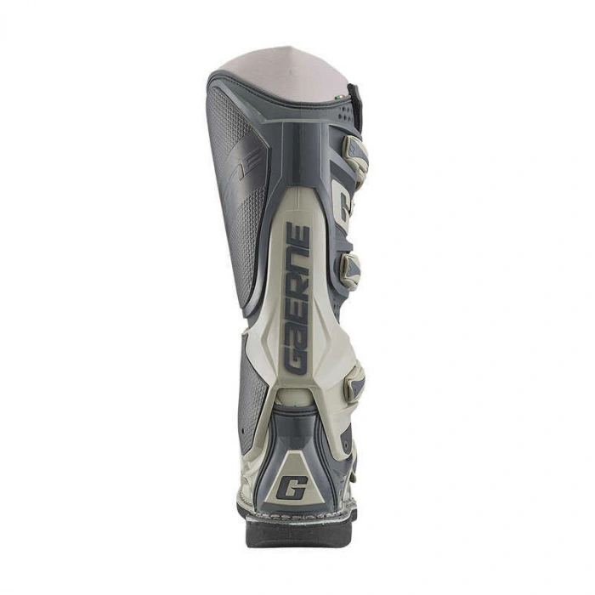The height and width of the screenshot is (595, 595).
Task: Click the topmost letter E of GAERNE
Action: tap(294, 235)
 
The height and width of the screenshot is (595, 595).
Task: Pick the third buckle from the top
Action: tap(353, 385)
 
